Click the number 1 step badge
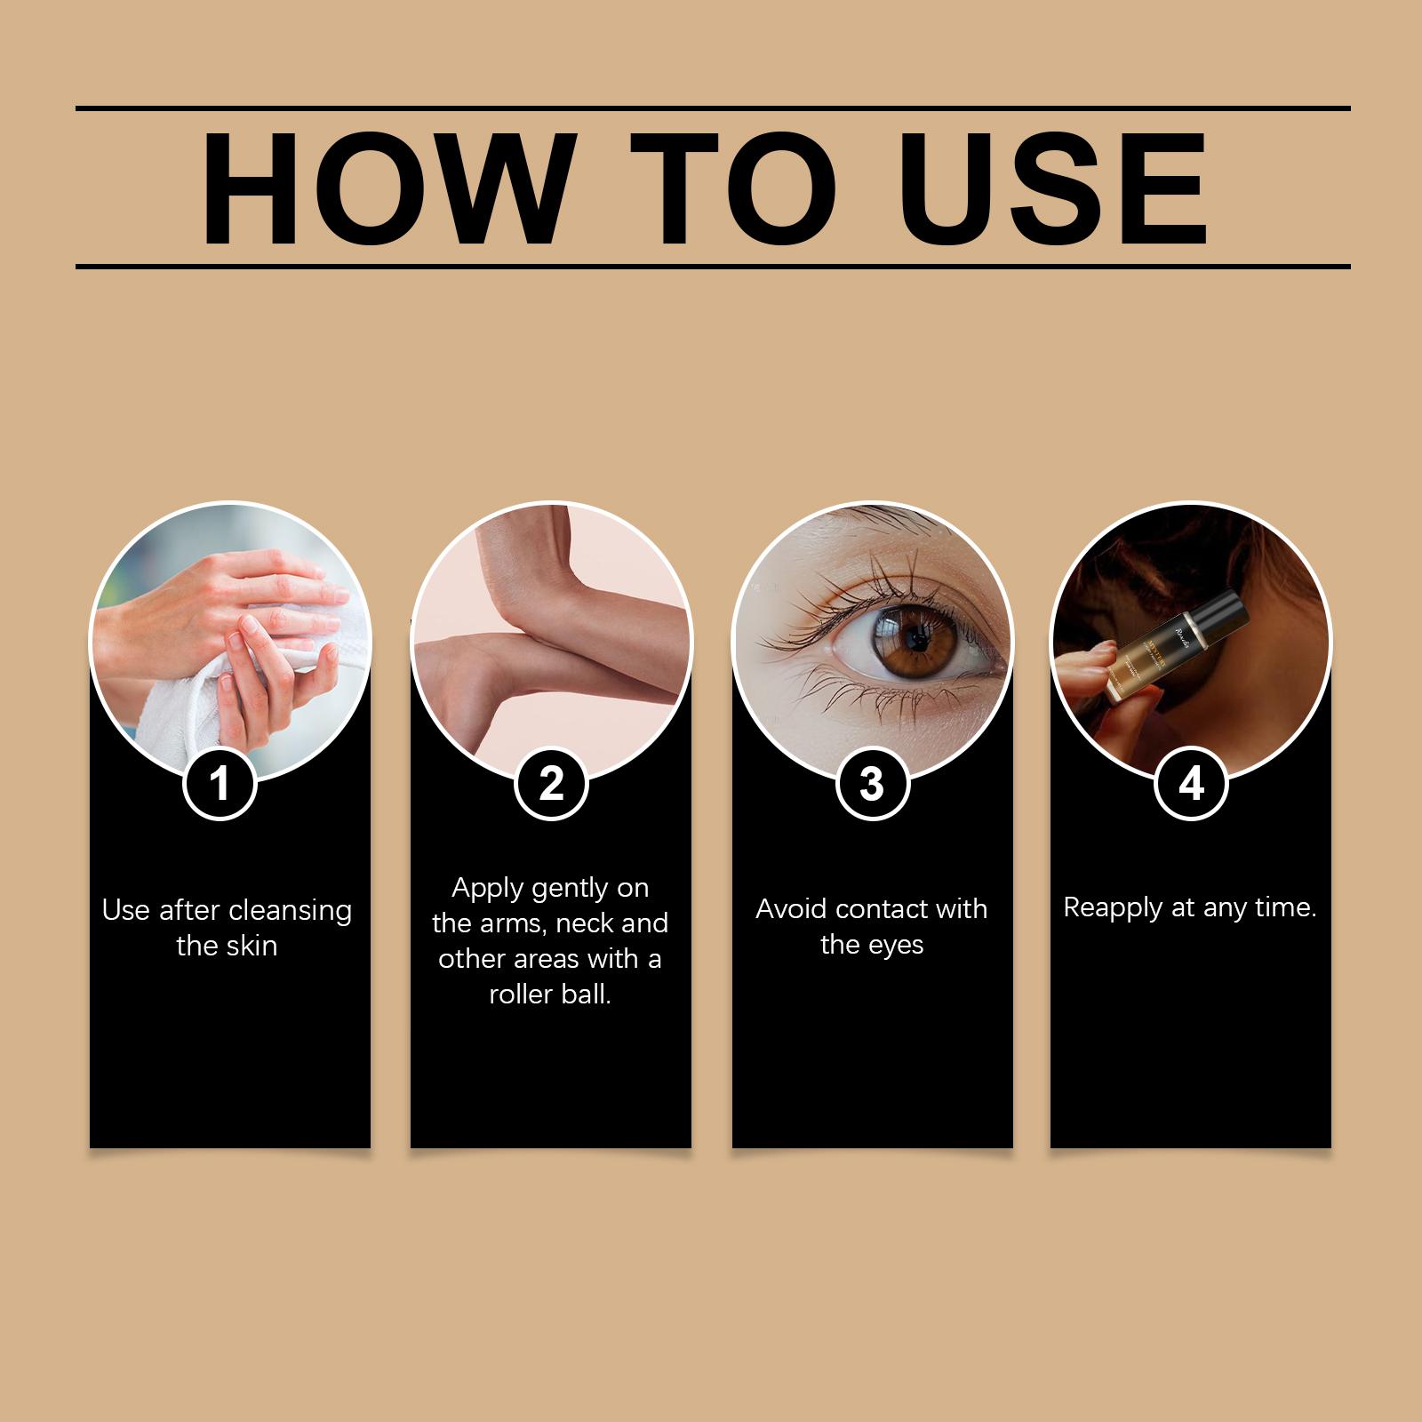(x=220, y=784)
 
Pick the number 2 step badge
(x=551, y=784)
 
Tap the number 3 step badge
(x=872, y=784)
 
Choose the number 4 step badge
(x=1191, y=784)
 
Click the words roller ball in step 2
(x=550, y=994)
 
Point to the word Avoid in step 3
(x=792, y=909)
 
